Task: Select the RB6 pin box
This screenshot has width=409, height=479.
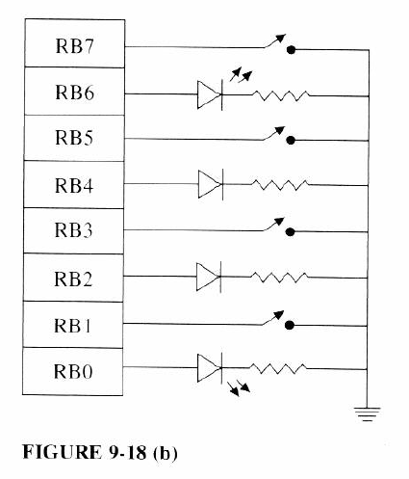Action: click(x=73, y=93)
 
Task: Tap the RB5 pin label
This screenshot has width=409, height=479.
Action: click(x=73, y=139)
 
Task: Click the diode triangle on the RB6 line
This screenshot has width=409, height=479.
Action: click(x=210, y=93)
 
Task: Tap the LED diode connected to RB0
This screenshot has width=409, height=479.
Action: click(x=210, y=367)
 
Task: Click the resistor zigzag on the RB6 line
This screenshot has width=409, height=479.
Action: click(x=281, y=93)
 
